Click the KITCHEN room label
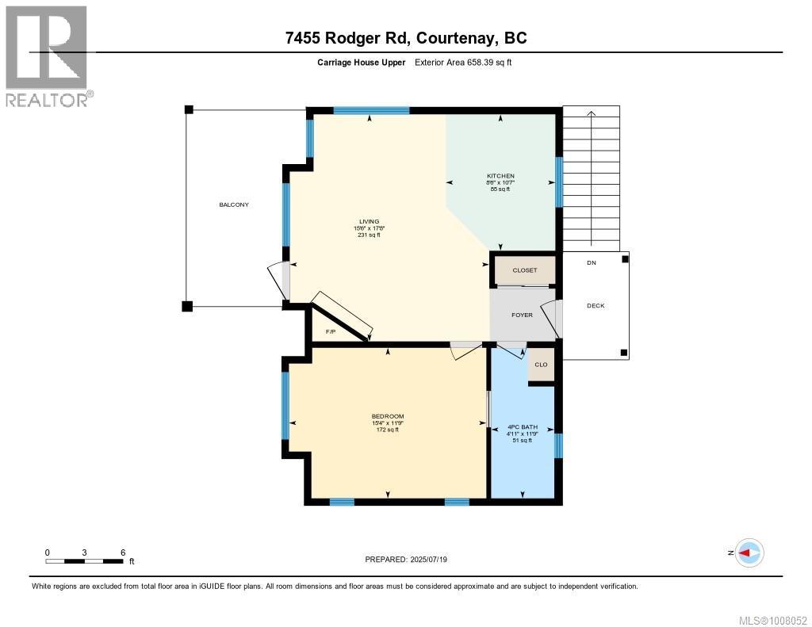500,176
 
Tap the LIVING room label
369,221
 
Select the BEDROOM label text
388,417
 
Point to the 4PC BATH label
522,427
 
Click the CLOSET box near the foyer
525,270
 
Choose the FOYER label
522,315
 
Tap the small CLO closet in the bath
541,365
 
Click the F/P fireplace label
331,331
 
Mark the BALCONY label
234,205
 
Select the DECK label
596,306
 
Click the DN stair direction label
592,263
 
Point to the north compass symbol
748,552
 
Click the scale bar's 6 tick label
122,552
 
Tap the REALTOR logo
47,55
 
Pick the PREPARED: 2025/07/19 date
412,560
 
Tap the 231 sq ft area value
369,235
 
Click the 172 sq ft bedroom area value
388,430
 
